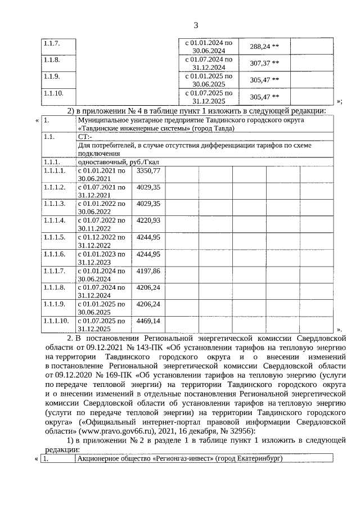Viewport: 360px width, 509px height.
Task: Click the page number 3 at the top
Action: pyautogui.click(x=196, y=25)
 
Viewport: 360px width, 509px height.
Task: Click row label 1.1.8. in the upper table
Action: pyautogui.click(x=51, y=59)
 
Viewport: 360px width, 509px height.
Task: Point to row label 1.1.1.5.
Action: pyautogui.click(x=55, y=237)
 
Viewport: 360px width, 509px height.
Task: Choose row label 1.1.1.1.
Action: pyautogui.click(x=55, y=170)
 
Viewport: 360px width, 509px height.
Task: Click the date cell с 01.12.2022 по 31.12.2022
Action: pyautogui.click(x=101, y=241)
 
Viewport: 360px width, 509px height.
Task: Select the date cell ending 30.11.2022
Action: pyautogui.click(x=101, y=224)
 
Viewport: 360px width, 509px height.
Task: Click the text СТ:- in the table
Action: pyautogui.click(x=85, y=137)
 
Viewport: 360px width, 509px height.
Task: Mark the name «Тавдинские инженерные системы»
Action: pyautogui.click(x=133, y=128)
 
